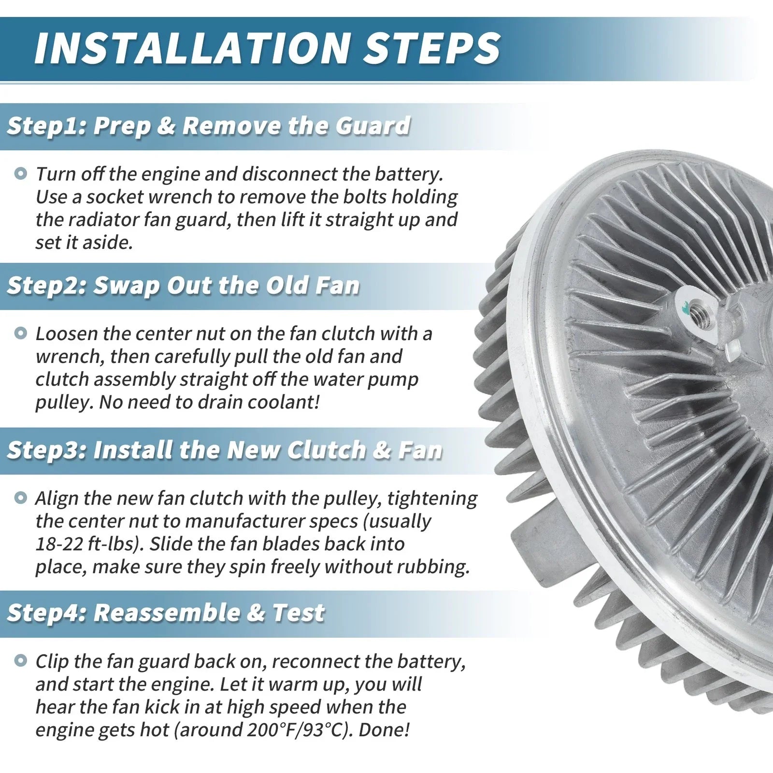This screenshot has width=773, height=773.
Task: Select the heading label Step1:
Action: (46, 126)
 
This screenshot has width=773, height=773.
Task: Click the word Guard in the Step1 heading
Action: (372, 126)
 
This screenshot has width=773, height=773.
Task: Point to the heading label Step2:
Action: (46, 286)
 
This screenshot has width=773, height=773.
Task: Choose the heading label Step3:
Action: (46, 450)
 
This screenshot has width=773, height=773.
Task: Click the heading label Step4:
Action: (46, 613)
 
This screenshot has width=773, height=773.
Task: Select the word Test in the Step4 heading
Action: (298, 613)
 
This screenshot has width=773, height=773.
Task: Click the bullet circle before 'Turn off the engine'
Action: (21, 173)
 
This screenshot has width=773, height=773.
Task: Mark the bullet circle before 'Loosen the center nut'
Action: (21, 333)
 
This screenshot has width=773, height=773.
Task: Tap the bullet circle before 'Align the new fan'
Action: (21, 497)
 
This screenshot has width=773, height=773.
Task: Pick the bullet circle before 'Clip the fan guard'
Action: (21, 660)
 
